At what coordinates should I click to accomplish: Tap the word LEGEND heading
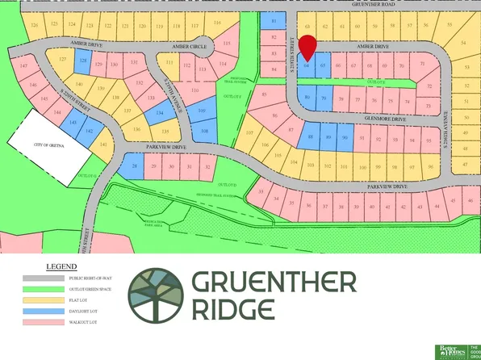[62, 264]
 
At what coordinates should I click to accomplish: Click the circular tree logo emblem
[157, 295]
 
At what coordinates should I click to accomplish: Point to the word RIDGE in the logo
[234, 309]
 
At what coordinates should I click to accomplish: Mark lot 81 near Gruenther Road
[274, 22]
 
